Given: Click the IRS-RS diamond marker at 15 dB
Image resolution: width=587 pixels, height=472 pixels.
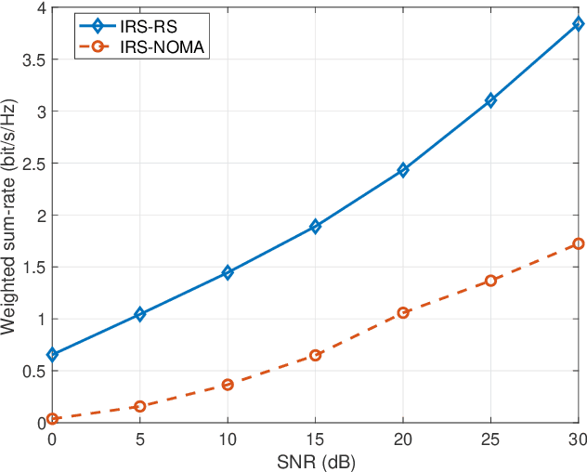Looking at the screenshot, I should (x=315, y=226).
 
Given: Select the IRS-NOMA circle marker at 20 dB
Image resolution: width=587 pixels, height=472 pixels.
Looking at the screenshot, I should (x=403, y=313).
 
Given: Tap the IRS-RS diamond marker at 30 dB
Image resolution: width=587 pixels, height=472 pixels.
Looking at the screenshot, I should (x=578, y=25).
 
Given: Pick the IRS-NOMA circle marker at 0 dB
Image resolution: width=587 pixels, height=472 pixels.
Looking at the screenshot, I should (x=53, y=419).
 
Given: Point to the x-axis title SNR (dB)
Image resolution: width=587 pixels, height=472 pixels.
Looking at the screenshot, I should (x=315, y=461).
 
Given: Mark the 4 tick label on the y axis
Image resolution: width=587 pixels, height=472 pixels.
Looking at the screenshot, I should (x=40, y=8).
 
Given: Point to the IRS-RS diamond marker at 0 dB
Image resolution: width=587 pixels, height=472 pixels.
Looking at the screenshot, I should (x=53, y=355).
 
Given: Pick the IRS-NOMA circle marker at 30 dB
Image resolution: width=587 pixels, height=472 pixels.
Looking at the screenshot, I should (x=578, y=243).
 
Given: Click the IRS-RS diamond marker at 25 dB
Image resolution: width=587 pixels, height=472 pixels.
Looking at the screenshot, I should (x=490, y=100).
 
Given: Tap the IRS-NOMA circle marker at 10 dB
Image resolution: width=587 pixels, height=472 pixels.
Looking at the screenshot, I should (x=228, y=384).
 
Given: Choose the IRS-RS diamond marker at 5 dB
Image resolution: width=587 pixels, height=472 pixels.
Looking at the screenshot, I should (x=140, y=314).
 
